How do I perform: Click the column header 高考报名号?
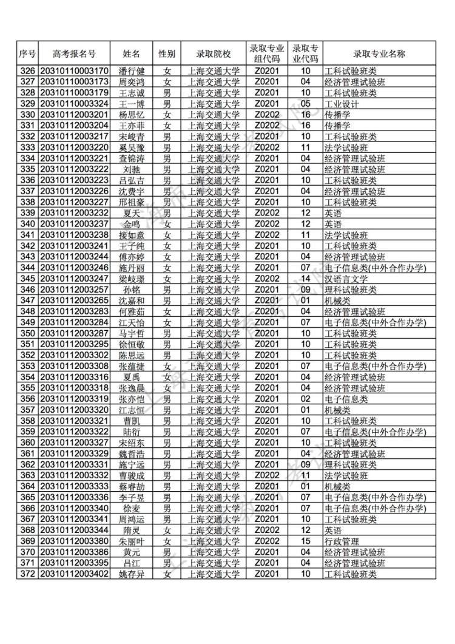tap(74, 53)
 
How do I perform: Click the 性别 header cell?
tap(167, 53)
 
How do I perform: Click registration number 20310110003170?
tap(74, 71)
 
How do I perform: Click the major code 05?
tap(306, 104)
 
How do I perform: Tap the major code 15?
tap(306, 541)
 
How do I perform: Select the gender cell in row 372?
tap(167, 574)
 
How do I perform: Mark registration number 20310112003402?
tap(74, 574)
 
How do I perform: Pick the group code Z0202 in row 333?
tap(266, 147)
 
